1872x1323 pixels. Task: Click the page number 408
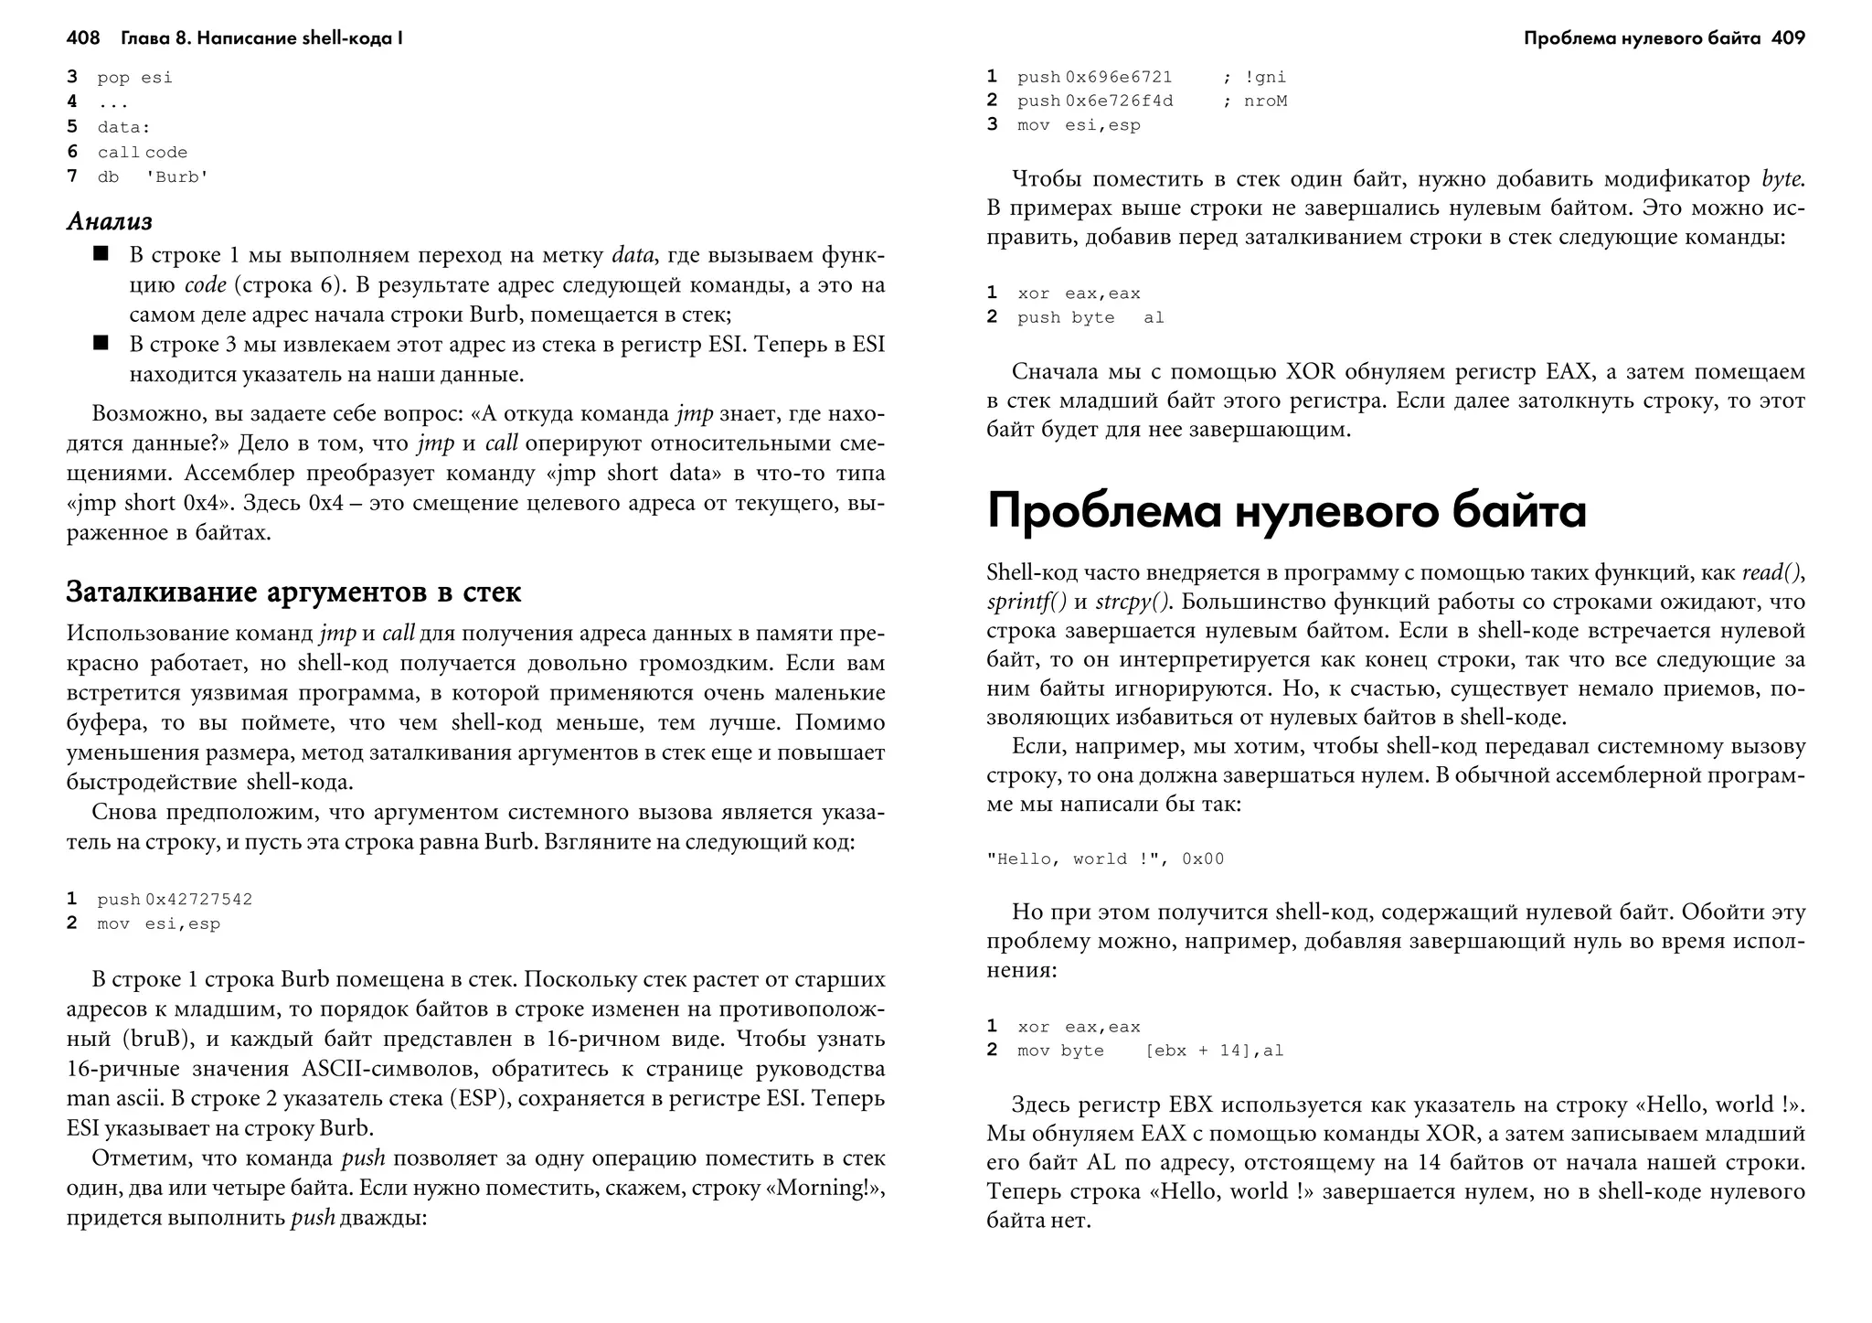pyautogui.click(x=82, y=38)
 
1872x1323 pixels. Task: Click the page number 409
pyautogui.click(x=1788, y=38)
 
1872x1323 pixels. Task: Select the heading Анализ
pyautogui.click(x=109, y=221)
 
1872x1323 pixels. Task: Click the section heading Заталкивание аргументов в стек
pyautogui.click(x=293, y=592)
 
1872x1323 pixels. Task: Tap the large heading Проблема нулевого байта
pyautogui.click(x=1286, y=511)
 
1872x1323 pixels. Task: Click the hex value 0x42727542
pyautogui.click(x=198, y=900)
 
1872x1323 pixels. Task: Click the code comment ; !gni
pyautogui.click(x=1254, y=78)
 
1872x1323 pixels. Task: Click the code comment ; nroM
pyautogui.click(x=1255, y=101)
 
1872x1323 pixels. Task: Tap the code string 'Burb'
pyautogui.click(x=177, y=177)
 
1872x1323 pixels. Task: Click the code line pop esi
pyautogui.click(x=134, y=78)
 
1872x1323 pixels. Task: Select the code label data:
pyautogui.click(x=123, y=127)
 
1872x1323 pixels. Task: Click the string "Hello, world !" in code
pyautogui.click(x=1072, y=859)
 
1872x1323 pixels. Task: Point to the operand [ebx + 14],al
pyautogui.click(x=1214, y=1051)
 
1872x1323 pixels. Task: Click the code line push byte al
pyautogui.click(x=1090, y=318)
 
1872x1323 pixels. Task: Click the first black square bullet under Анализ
pyautogui.click(x=101, y=253)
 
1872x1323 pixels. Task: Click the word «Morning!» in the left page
pyautogui.click(x=827, y=1189)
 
